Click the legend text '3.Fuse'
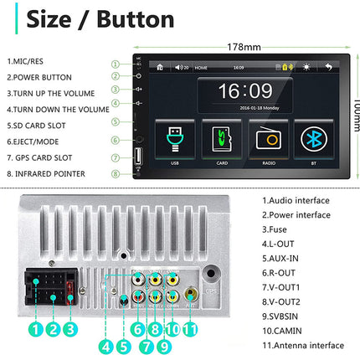coord(279,229)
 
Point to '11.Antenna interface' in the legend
coord(302,345)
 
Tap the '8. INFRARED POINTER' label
coord(46,173)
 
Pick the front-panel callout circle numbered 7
coord(116,157)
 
